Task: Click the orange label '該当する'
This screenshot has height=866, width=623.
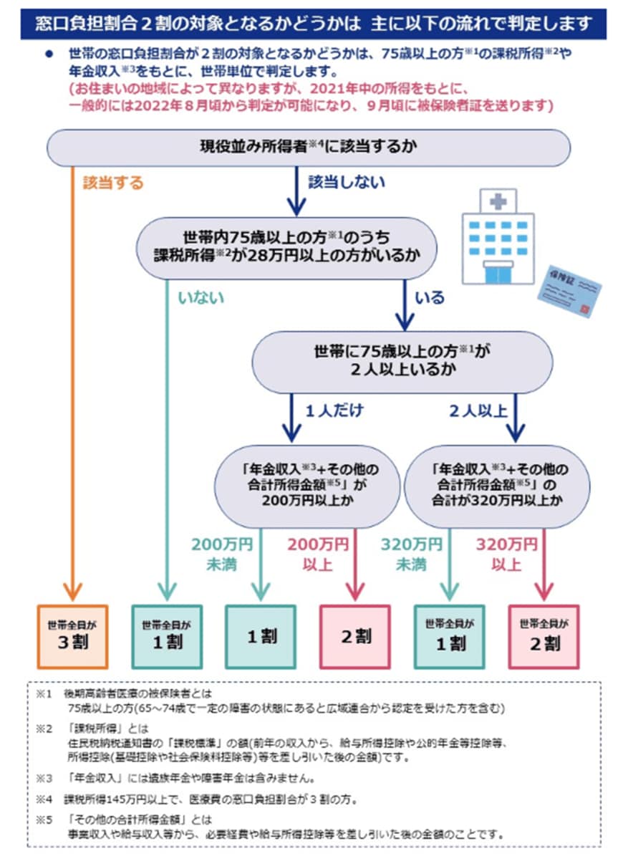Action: click(x=112, y=183)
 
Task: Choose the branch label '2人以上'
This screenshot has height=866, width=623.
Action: click(x=478, y=410)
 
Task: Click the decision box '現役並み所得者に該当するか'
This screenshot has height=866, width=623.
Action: click(x=309, y=148)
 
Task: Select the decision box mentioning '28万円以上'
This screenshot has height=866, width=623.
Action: click(x=286, y=246)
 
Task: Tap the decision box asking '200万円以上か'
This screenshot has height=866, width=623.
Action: click(x=308, y=486)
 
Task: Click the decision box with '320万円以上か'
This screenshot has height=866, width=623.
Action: click(x=497, y=486)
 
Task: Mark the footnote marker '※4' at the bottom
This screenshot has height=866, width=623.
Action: click(x=44, y=797)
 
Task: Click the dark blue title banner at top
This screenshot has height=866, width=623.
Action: click(x=311, y=23)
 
